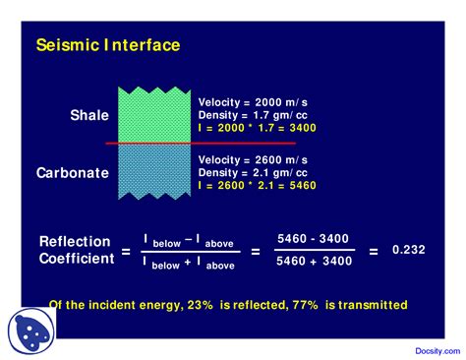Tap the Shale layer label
coord(89,116)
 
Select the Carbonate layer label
coord(73,172)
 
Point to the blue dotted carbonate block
coord(155,171)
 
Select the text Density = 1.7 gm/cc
coord(252,115)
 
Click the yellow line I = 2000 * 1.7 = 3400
coord(257,128)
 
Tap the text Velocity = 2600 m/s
coord(253,159)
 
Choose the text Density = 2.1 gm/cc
coord(252,172)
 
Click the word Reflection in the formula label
coord(74,242)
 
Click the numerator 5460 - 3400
coord(313,239)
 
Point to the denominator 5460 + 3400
coord(313,262)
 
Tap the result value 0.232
coord(408,250)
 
